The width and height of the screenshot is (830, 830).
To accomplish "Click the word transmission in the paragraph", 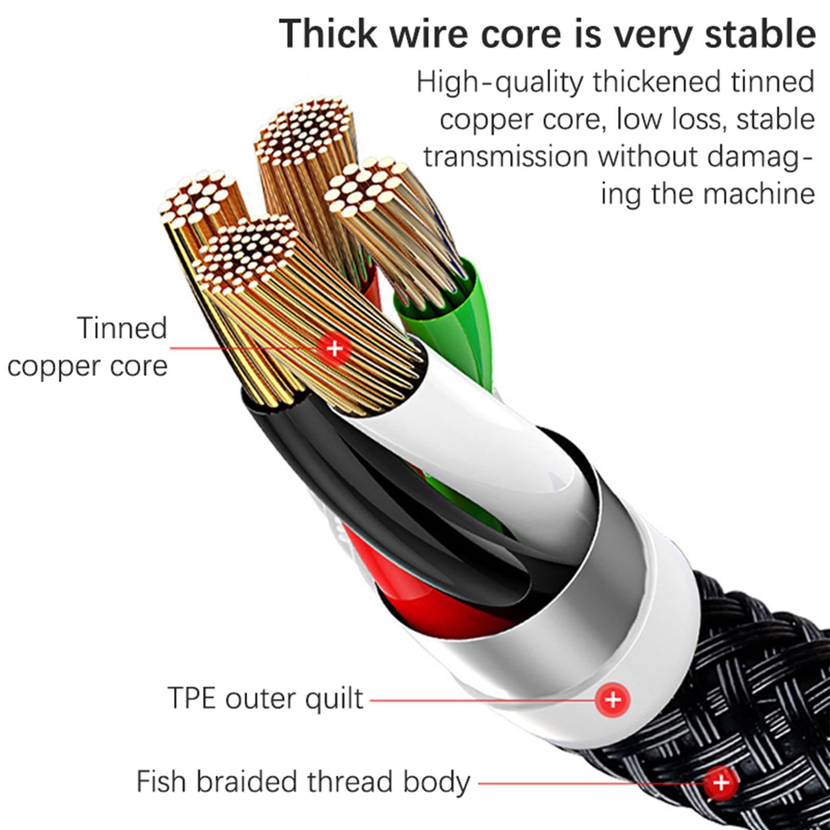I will click(x=506, y=157).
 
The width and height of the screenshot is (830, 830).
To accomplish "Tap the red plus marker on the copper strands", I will click(x=335, y=348).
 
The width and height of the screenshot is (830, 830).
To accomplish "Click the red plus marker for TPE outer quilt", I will click(x=613, y=699).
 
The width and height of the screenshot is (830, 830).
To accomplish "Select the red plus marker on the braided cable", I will click(x=721, y=782).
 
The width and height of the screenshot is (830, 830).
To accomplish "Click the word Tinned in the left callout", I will click(x=122, y=328).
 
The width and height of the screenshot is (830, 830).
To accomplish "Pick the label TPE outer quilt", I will click(x=265, y=698).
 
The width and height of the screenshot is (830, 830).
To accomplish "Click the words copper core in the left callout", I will click(x=87, y=367).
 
